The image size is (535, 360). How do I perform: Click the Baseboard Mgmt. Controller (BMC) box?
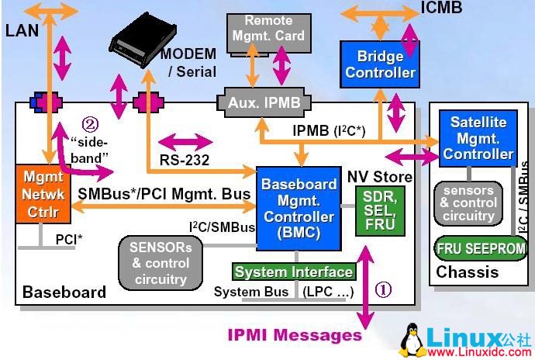299,207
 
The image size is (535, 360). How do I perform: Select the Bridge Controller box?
380,64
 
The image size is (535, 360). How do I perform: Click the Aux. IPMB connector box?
265,102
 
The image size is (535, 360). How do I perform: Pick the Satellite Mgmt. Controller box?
478,138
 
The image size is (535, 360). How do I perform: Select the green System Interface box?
294,272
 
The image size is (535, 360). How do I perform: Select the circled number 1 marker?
384,289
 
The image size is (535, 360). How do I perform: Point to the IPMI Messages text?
295,335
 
